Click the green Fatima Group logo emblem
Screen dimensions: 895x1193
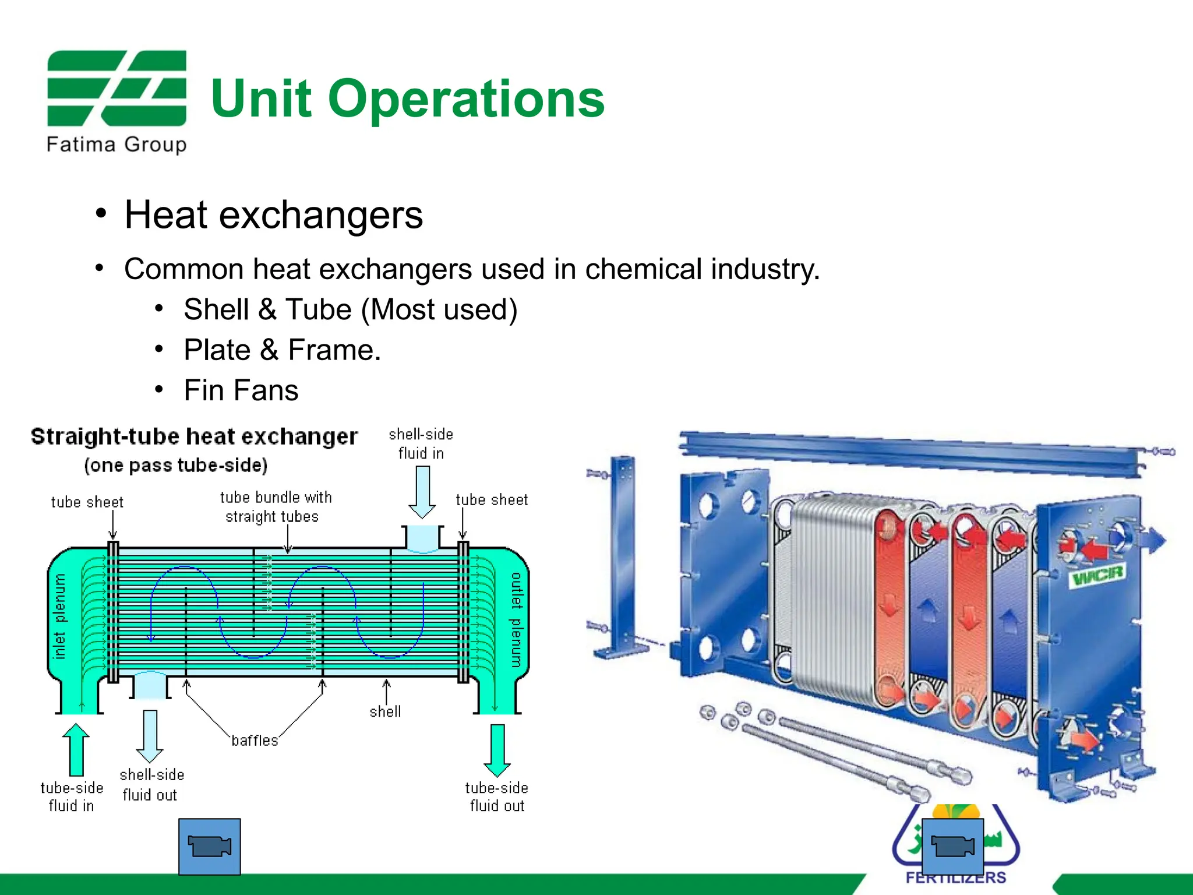tap(117, 88)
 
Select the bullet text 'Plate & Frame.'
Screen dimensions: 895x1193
tap(282, 350)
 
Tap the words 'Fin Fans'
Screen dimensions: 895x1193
tap(241, 390)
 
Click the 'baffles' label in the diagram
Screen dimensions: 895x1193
tap(255, 741)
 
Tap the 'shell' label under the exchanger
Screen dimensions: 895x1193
tap(385, 711)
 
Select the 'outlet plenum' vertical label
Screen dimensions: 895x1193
tap(516, 619)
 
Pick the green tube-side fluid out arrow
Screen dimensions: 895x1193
tap(497, 750)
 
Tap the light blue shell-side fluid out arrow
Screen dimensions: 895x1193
tap(150, 735)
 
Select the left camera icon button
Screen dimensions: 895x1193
tap(209, 846)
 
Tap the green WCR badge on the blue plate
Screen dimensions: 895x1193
tap(1097, 576)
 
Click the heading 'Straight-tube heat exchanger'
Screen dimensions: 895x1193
tap(194, 436)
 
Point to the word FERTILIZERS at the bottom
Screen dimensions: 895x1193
tap(955, 878)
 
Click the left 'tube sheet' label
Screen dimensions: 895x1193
tap(87, 502)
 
